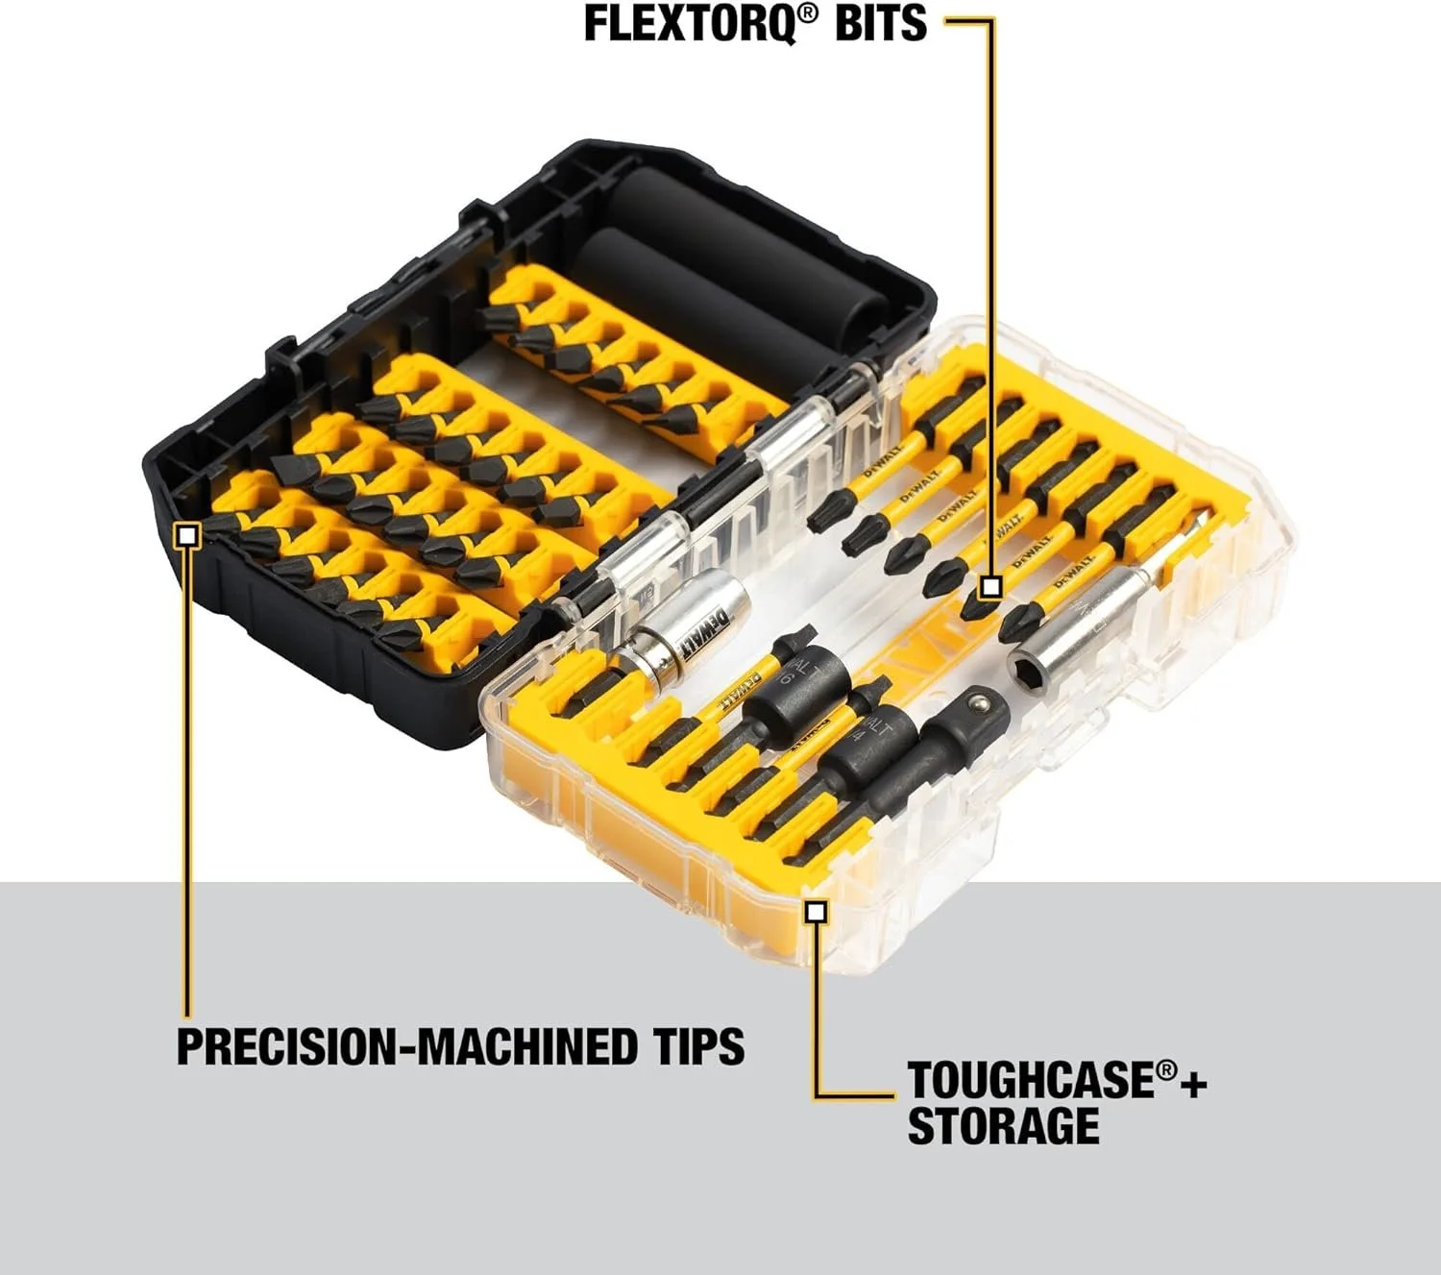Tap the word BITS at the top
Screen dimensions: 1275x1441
(880, 24)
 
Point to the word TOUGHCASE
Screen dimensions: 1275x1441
(1029, 1080)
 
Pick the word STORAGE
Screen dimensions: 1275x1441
(1003, 1126)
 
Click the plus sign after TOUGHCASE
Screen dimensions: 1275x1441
(1193, 1084)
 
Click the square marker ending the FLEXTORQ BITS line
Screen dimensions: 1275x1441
(991, 586)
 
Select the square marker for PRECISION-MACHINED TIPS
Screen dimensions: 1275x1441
(188, 535)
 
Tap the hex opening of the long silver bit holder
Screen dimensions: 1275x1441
(1026, 662)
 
